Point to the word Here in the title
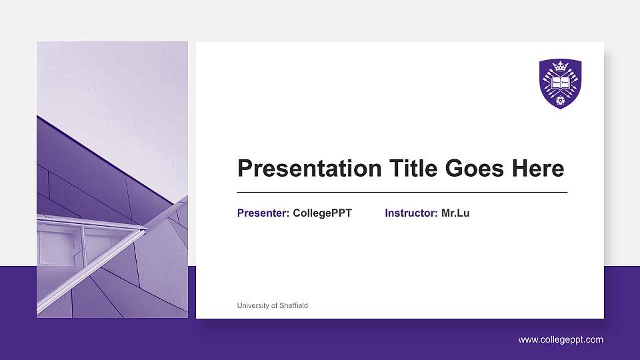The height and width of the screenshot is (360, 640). pyautogui.click(x=537, y=169)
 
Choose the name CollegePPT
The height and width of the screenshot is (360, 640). pyautogui.click(x=322, y=213)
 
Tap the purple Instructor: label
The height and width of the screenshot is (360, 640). pyautogui.click(x=411, y=213)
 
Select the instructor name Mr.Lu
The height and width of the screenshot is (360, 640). pyautogui.click(x=455, y=213)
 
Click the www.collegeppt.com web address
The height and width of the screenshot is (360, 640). pyautogui.click(x=561, y=340)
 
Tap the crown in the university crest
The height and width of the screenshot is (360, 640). pyautogui.click(x=560, y=67)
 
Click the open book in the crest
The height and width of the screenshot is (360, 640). pyautogui.click(x=560, y=81)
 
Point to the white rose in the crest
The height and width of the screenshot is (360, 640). pyautogui.click(x=560, y=100)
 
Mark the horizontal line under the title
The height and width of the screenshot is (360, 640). pyautogui.click(x=402, y=192)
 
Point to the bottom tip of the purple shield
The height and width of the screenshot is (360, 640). pyautogui.click(x=560, y=108)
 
